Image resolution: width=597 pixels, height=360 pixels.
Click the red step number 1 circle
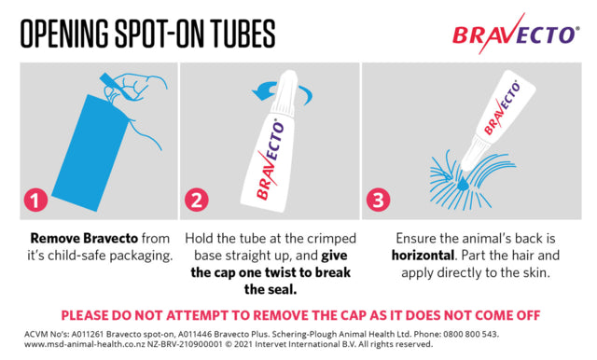coord(35,201)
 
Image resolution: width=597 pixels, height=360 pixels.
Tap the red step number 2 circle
coord(197,201)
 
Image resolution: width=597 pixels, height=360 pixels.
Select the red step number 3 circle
coord(378,201)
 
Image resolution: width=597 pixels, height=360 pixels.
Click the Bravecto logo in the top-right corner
coord(516,35)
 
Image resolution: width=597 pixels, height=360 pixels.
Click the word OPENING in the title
coord(64,34)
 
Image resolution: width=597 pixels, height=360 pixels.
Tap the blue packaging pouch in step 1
coord(90,153)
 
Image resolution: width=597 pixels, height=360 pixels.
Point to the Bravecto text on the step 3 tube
coord(503,108)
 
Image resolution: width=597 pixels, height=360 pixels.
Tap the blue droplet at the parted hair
coord(463,184)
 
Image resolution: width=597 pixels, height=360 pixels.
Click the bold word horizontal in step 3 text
coord(423,256)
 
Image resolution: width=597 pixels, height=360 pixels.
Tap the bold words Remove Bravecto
coord(84,239)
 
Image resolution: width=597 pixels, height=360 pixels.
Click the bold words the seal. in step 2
coord(271,290)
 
